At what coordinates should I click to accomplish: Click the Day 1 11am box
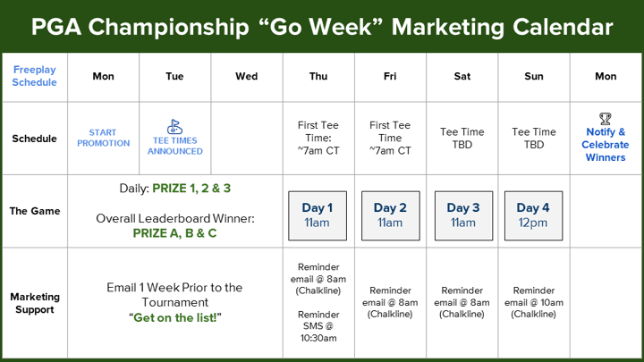[318, 215]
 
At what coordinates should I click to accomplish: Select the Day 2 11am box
[391, 215]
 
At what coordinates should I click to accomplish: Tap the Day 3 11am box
[463, 215]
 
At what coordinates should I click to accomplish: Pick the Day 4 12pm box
[533, 215]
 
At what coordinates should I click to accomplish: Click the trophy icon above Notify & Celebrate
[606, 119]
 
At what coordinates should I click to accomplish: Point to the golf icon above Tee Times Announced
[174, 126]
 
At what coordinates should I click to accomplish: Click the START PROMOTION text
[103, 138]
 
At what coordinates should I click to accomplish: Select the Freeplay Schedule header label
[35, 76]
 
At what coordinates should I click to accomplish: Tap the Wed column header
[247, 76]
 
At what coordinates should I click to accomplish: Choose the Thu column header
[318, 76]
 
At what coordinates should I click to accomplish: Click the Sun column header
[534, 76]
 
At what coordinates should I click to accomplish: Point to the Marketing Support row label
[35, 303]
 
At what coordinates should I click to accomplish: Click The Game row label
[35, 211]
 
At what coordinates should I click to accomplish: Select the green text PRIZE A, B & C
[174, 233]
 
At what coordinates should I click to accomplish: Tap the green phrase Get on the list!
[175, 317]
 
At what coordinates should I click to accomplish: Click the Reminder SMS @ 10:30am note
[318, 326]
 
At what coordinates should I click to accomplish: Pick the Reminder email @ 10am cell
[534, 302]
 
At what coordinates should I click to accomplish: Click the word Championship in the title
[169, 27]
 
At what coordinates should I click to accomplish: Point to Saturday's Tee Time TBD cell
[462, 139]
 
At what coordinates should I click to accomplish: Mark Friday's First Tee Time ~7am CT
[390, 138]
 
